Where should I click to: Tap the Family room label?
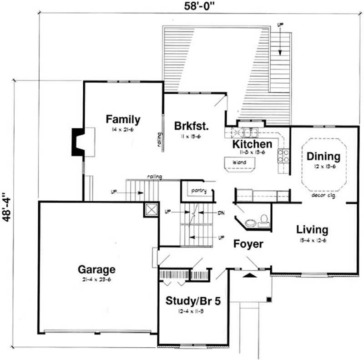[x=123, y=120]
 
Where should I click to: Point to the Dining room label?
[x=323, y=157]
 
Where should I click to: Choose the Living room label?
[x=312, y=229]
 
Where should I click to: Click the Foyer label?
[x=248, y=244]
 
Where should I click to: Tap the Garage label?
[x=96, y=269]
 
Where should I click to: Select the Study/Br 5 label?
[x=193, y=301]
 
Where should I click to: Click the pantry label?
[x=199, y=191]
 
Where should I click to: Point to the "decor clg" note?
[x=321, y=195]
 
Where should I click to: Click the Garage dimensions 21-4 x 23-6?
[x=96, y=279]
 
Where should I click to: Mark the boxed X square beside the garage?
[x=150, y=210]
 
